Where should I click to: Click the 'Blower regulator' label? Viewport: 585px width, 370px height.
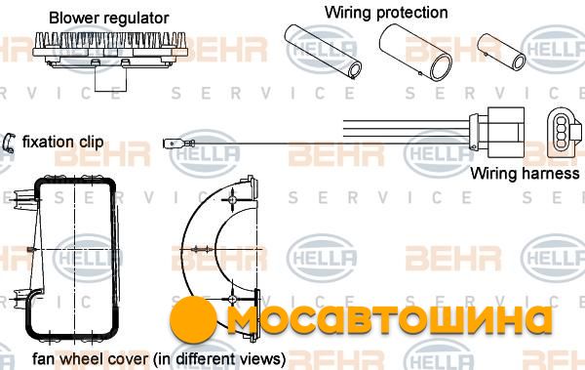tap(108, 18)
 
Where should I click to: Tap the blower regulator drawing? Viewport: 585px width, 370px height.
tap(110, 53)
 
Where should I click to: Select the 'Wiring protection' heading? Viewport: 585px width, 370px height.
tap(386, 13)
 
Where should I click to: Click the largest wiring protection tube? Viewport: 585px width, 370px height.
tap(415, 53)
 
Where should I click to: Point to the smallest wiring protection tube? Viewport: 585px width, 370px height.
tap(501, 52)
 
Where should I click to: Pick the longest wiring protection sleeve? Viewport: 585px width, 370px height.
tap(323, 52)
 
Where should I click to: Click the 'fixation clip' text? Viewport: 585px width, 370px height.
tap(62, 142)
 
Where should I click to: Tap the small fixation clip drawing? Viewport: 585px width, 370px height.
tap(8, 144)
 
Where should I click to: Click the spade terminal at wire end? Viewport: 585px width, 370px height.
tap(178, 144)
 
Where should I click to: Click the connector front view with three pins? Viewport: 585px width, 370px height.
tap(564, 132)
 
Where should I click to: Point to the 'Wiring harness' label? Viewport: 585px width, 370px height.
tap(525, 174)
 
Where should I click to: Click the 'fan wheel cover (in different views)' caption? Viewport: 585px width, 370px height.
tap(159, 359)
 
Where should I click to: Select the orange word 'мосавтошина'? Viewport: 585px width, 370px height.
tap(389, 320)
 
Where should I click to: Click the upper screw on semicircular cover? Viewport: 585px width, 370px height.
tap(232, 199)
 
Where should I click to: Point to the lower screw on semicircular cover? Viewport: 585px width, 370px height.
tap(232, 299)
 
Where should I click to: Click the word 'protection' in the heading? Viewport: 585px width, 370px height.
tap(411, 13)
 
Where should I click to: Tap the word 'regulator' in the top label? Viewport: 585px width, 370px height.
tap(136, 19)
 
